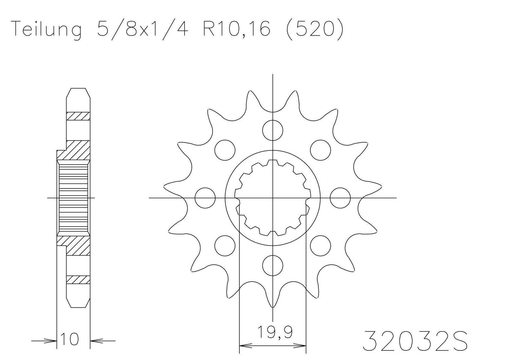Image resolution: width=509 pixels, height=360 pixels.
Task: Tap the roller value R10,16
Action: click(237, 29)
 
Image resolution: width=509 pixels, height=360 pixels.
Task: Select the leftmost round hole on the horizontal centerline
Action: click(206, 198)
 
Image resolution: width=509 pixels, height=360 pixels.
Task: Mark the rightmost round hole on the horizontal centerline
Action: click(340, 198)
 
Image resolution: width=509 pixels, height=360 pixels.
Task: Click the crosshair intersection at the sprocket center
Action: click(273, 198)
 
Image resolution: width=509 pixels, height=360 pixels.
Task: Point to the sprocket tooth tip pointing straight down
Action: click(273, 307)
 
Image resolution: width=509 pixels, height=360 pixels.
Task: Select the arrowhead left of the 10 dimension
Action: click(52, 340)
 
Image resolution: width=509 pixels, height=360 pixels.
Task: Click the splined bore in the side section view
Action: click(74, 198)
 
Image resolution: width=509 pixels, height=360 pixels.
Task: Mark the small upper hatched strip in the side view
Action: click(78, 116)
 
